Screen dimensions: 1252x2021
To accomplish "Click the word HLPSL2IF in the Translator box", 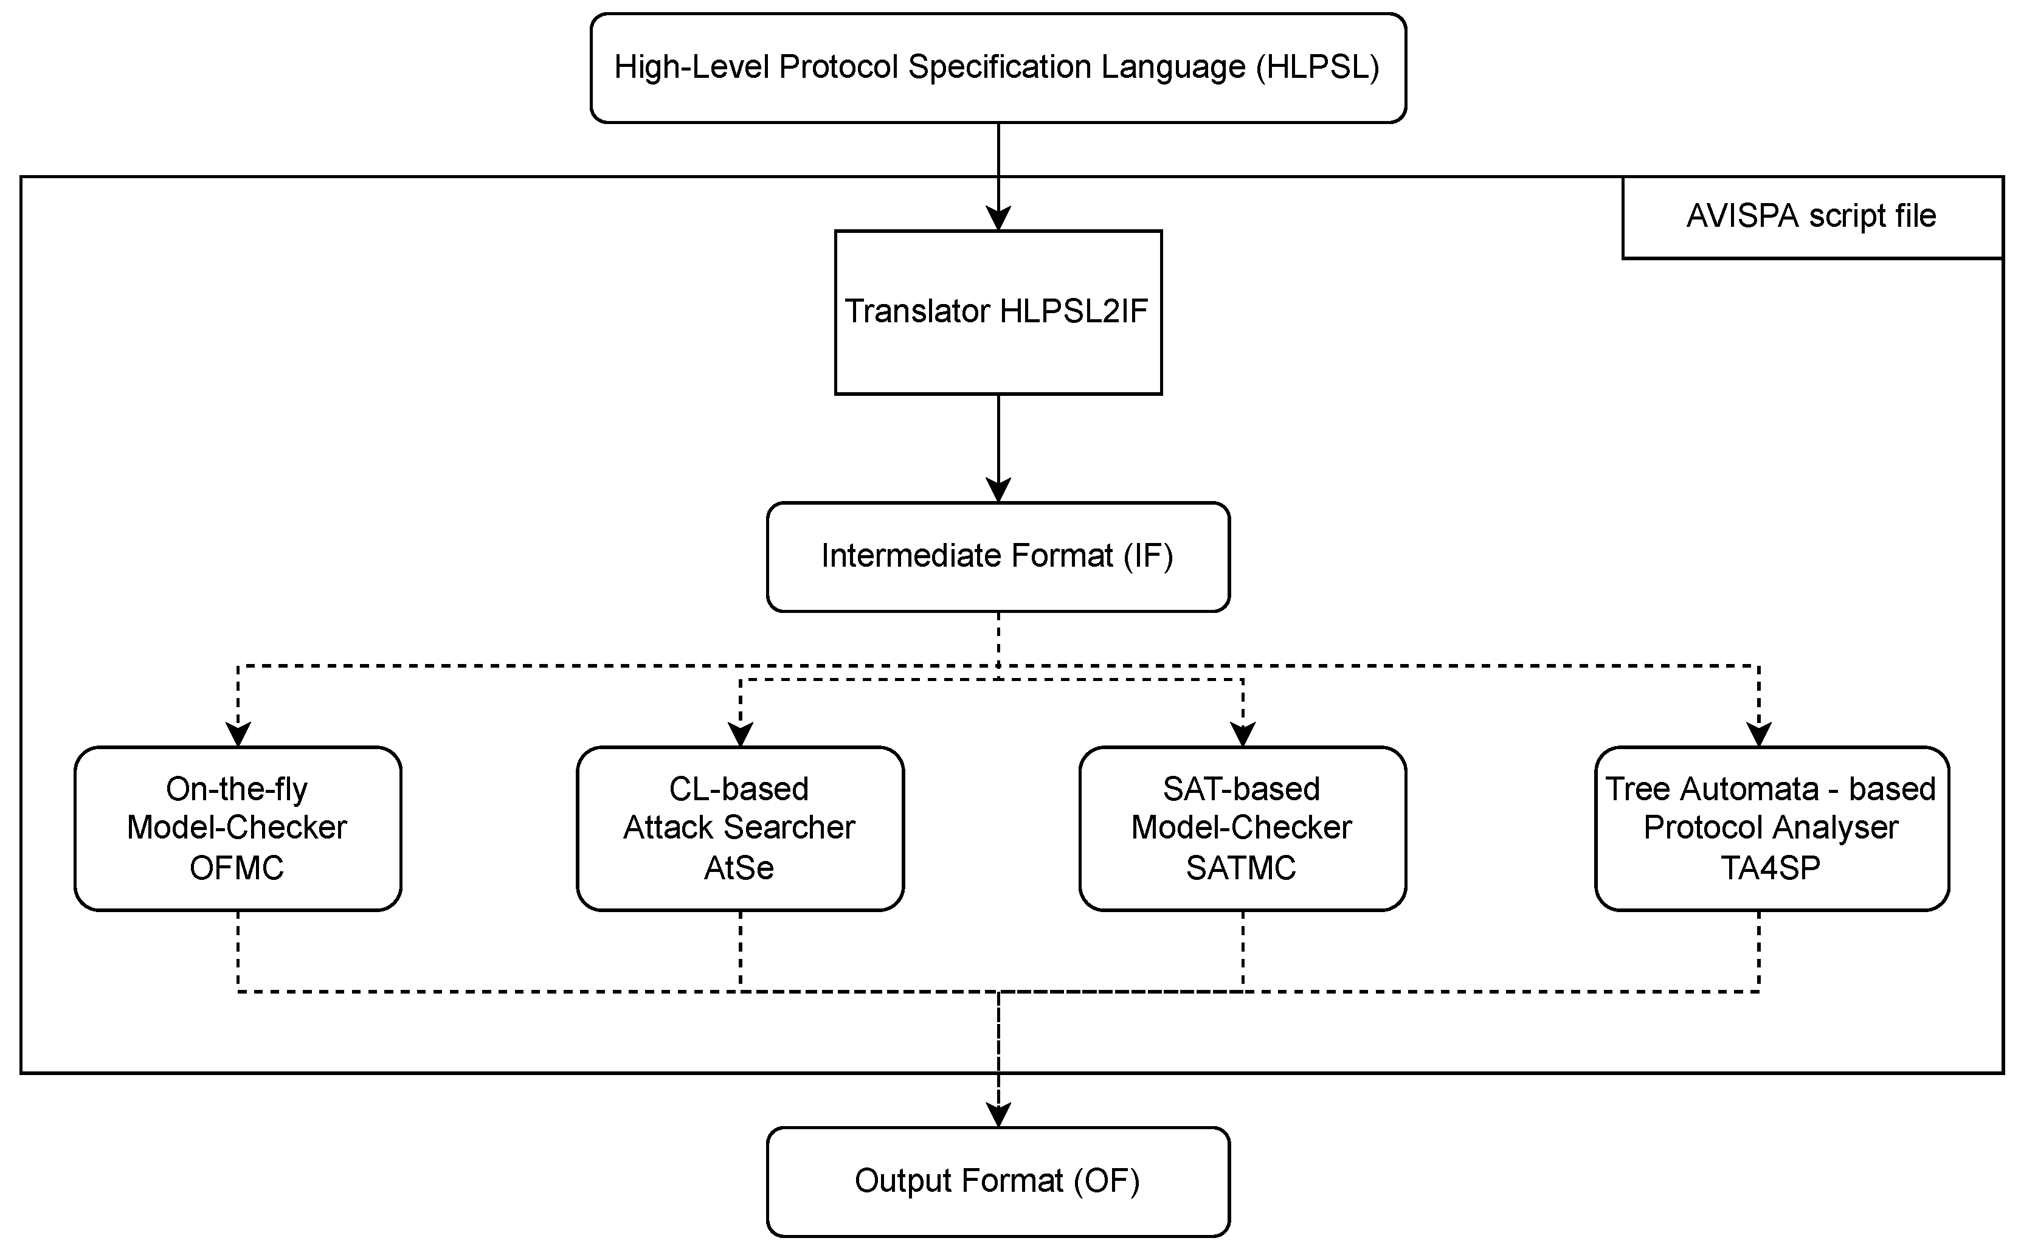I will tap(1073, 311).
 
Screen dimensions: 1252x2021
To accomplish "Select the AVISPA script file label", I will tap(1811, 216).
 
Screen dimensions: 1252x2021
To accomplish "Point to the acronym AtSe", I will tap(739, 868).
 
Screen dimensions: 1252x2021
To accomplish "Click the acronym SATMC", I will tap(1240, 868).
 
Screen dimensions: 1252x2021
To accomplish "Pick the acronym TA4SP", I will tap(1770, 868).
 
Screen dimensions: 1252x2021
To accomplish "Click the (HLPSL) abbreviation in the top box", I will tap(1318, 67).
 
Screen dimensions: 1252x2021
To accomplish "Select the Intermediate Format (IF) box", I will tap(997, 556).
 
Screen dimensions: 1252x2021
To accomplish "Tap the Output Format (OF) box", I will tap(997, 1181).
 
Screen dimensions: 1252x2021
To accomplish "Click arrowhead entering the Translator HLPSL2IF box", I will tap(998, 219).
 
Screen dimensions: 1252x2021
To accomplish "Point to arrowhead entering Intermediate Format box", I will tap(998, 490).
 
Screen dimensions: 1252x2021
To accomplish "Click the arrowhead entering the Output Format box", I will tap(998, 1115).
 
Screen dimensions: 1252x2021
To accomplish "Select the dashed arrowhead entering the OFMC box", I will tap(238, 735).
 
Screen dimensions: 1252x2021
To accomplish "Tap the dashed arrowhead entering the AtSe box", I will tap(740, 735).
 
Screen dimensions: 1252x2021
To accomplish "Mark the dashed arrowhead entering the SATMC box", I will tap(1243, 735).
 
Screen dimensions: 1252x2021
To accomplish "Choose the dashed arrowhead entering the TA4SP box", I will tap(1758, 735).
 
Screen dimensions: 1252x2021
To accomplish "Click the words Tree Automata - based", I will tap(1770, 789).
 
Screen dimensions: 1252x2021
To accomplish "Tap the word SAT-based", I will tap(1240, 789).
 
